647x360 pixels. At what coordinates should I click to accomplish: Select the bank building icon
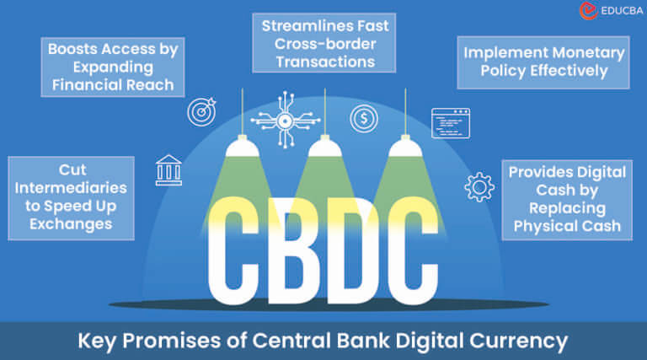tap(168, 169)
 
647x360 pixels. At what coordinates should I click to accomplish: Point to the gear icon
tap(479, 185)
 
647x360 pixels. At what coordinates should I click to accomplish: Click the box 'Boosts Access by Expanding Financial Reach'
tap(112, 66)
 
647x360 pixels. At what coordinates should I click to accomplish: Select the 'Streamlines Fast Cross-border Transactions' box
tap(324, 42)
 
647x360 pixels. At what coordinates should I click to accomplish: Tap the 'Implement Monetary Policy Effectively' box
tap(543, 62)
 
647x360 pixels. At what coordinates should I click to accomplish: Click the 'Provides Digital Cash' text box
tap(567, 199)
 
